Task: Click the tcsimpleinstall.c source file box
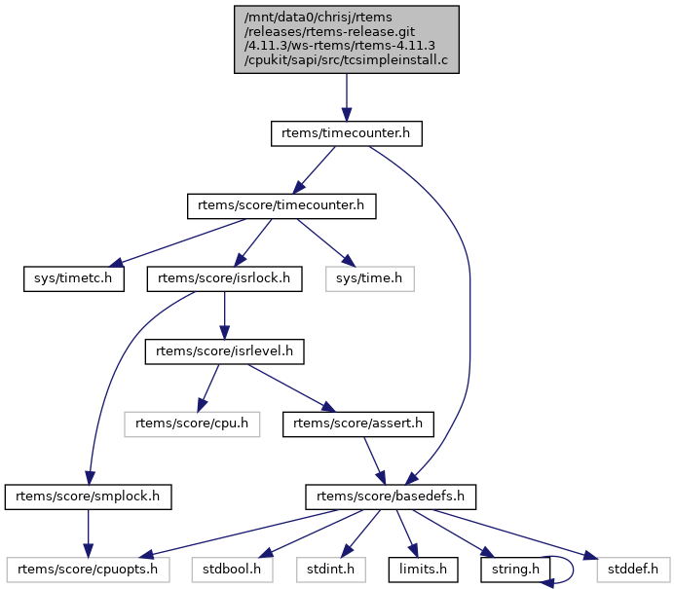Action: tap(346, 38)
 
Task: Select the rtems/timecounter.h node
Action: tap(346, 134)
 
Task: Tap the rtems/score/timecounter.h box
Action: tap(281, 206)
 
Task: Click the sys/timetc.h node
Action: tap(68, 279)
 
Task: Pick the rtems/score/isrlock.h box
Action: tap(225, 279)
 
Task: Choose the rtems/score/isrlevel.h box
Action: tap(225, 351)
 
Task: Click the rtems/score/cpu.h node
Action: tap(191, 423)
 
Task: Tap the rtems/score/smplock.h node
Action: tap(89, 497)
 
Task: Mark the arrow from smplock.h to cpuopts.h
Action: tap(89, 533)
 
